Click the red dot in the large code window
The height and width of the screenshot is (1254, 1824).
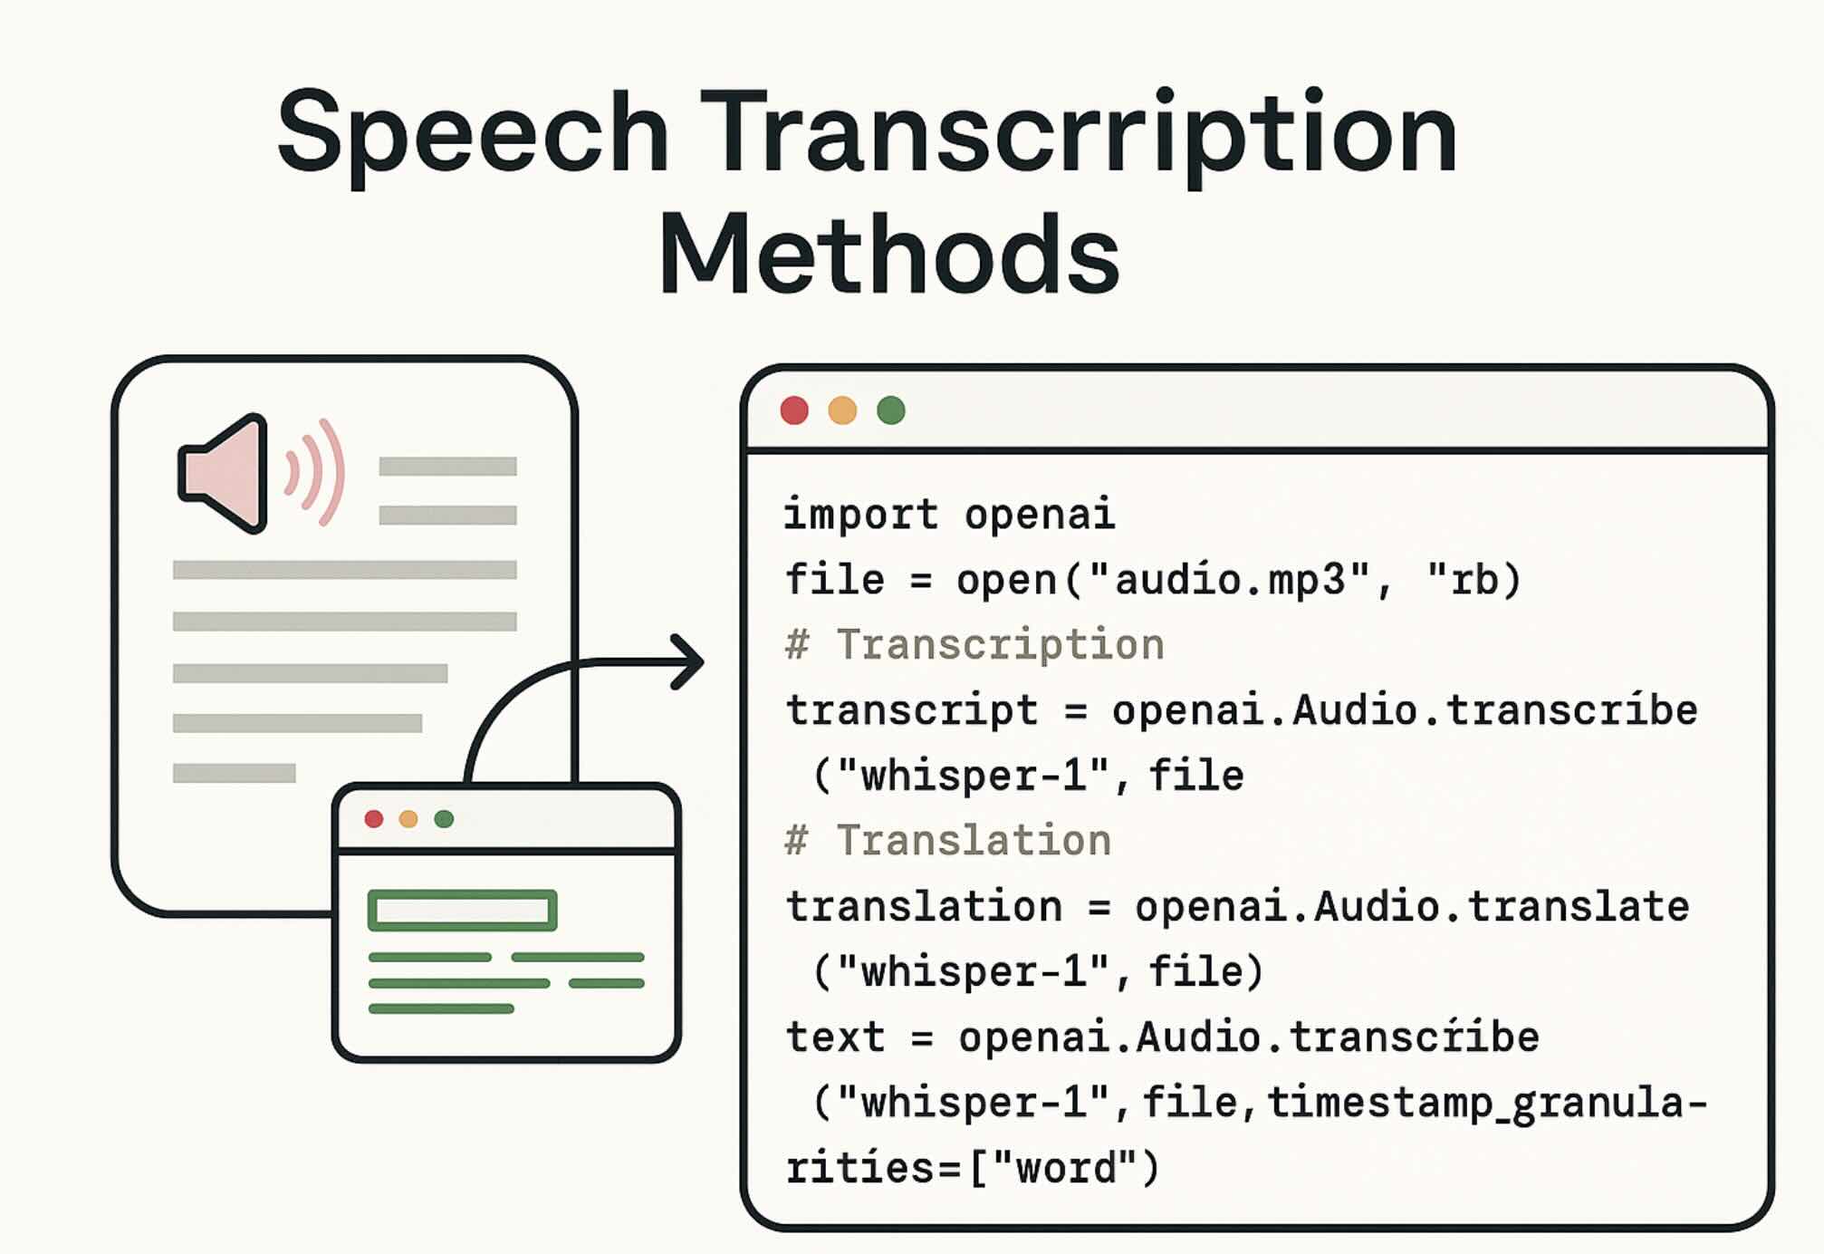coord(794,410)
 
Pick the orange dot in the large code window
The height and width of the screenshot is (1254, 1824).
coord(842,410)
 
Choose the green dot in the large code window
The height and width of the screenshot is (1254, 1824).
coord(891,410)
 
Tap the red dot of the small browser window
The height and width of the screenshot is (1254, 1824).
coord(373,819)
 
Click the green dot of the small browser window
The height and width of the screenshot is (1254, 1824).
coord(444,819)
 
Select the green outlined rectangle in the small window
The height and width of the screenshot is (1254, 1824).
coord(462,911)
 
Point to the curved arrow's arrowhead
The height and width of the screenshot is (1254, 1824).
coord(688,661)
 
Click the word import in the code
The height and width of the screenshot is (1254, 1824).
coord(860,515)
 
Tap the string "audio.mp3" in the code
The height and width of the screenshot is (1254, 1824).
coord(1228,580)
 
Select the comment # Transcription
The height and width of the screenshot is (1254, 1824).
coord(974,645)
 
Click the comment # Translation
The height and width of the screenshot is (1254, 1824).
coord(948,841)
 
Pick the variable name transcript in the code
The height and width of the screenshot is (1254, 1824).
coord(911,710)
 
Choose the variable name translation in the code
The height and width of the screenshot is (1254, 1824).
coord(924,906)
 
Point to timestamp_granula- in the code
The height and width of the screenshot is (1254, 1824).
coord(1486,1103)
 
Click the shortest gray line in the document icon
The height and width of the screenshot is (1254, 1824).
coord(234,773)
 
